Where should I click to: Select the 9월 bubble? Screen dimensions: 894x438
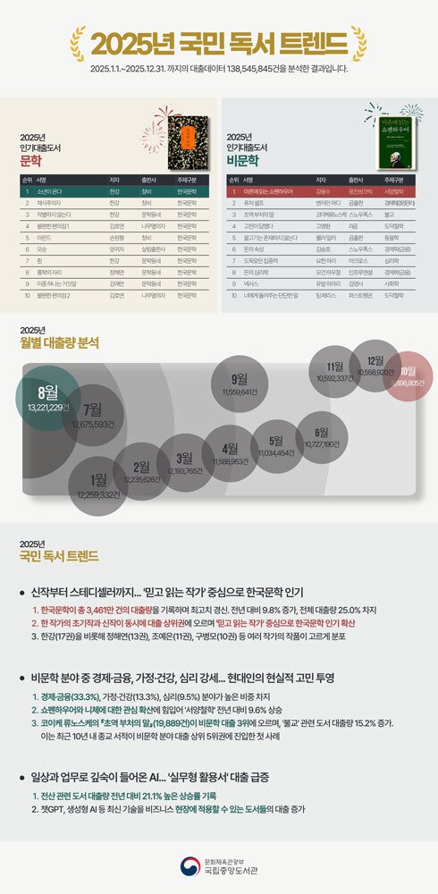(240, 384)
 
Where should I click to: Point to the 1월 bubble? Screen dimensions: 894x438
(98, 485)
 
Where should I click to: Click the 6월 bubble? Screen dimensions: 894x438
(321, 437)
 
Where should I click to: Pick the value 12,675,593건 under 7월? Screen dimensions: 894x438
(94, 425)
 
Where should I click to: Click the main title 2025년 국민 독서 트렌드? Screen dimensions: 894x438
(219, 42)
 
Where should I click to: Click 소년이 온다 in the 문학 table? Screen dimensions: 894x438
(50, 191)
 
